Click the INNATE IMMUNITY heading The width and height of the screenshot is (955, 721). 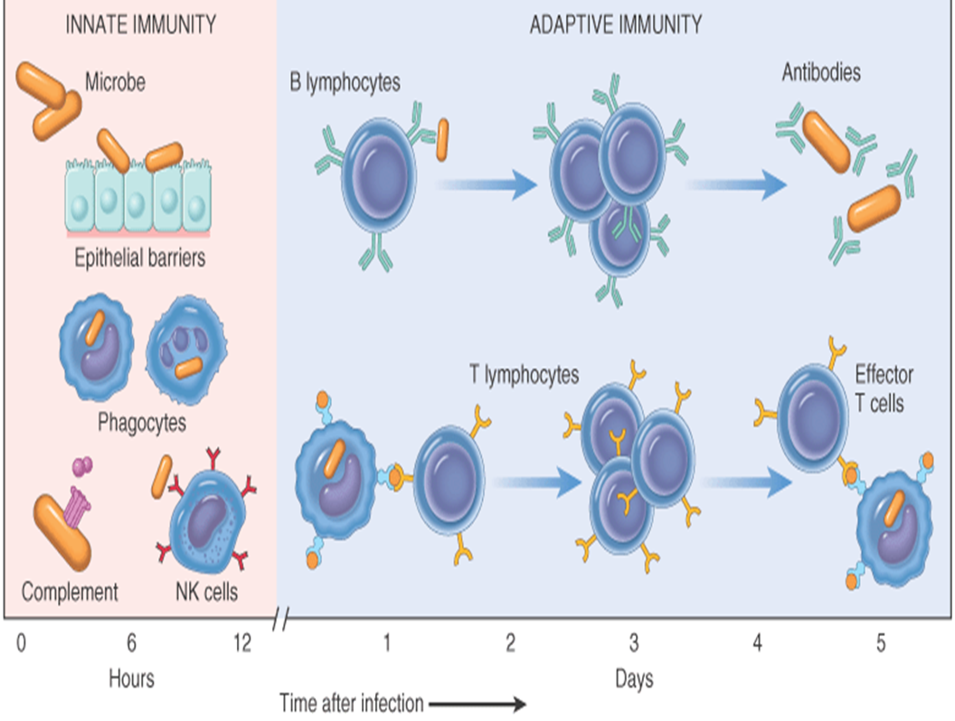point(141,25)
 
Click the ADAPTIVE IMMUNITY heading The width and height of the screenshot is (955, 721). point(615,25)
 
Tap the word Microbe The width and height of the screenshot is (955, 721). point(115,83)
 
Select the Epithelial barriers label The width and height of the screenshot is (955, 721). point(140,258)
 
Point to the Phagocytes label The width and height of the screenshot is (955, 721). point(143,422)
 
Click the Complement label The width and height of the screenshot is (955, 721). point(70,593)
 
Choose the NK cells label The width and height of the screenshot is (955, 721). point(207,593)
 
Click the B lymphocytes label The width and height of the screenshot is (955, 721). point(345,83)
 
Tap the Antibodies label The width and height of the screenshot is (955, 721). point(820,72)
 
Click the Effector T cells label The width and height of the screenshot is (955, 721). point(884,388)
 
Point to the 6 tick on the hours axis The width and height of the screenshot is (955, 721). point(131,643)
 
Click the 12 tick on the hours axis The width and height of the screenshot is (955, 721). point(241,643)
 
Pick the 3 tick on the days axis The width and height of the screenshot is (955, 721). point(634,643)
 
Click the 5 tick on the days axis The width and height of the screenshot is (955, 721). point(883,643)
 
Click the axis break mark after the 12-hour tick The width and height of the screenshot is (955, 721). point(281,620)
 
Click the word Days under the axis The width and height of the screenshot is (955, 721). point(634,677)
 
